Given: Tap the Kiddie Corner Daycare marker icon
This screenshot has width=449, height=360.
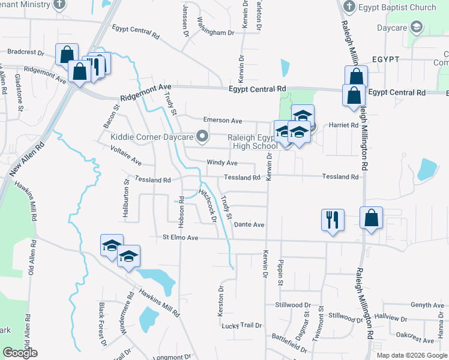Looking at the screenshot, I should (x=202, y=137).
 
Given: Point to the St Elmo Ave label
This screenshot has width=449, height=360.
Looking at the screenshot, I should (x=180, y=238).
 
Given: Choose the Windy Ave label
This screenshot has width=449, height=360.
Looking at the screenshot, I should (x=222, y=163).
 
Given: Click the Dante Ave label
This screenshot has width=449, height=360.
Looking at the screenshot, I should (x=249, y=224).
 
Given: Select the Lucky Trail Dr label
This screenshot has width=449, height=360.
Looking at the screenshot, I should (x=242, y=326).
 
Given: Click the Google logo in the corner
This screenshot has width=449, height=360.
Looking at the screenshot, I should (x=20, y=352).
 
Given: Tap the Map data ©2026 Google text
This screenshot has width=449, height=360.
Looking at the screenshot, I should (x=411, y=355).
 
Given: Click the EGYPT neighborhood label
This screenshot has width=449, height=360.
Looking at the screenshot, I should (x=385, y=60).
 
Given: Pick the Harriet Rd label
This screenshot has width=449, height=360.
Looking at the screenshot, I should (x=343, y=125).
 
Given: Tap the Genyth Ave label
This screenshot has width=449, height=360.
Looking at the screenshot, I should (x=427, y=305).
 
